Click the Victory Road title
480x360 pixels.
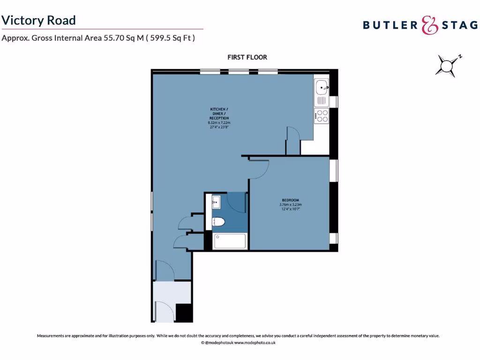click(x=38, y=20)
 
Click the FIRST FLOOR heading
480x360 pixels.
click(x=247, y=57)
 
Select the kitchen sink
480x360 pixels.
click(x=322, y=87)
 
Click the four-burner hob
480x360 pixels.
click(x=322, y=115)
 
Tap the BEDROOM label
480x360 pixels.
click(x=291, y=200)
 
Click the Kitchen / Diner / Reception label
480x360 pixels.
click(x=219, y=114)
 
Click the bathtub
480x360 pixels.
click(x=229, y=241)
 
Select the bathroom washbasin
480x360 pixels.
click(x=216, y=202)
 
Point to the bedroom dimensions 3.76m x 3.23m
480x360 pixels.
click(x=291, y=205)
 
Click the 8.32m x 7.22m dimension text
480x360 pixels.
click(x=219, y=122)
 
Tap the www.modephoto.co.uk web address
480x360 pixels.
click(x=255, y=343)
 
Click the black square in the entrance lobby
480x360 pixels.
click(x=184, y=312)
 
